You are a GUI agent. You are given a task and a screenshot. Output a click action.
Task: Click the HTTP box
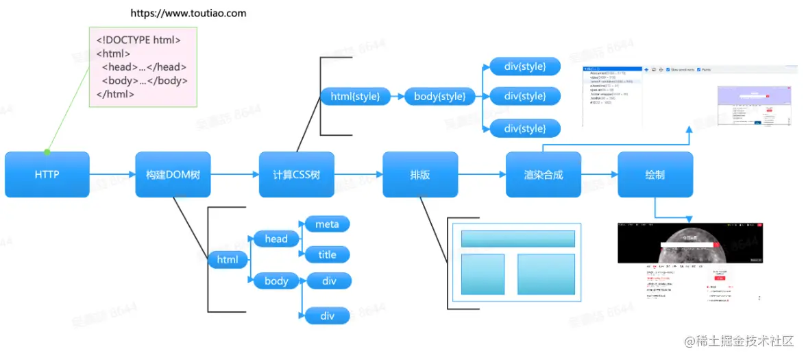[47, 174]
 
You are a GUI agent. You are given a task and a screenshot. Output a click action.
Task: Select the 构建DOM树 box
[173, 174]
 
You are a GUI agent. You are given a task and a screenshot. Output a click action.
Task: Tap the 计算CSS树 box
[296, 174]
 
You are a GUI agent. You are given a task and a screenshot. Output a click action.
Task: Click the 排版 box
[419, 174]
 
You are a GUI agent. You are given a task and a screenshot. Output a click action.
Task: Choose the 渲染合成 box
[543, 174]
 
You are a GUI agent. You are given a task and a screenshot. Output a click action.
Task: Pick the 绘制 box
[655, 174]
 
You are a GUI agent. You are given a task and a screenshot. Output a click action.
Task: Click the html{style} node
[355, 97]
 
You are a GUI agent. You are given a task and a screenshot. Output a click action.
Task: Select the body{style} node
[439, 97]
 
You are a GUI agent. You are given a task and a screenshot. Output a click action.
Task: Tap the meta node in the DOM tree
[327, 224]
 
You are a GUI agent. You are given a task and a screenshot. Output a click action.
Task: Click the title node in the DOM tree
[327, 255]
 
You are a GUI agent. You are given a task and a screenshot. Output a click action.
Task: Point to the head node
[276, 239]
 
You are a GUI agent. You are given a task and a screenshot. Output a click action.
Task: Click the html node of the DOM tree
[228, 260]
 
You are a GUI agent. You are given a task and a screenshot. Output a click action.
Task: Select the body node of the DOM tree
[276, 281]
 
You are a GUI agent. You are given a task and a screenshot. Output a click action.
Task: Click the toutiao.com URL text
[188, 13]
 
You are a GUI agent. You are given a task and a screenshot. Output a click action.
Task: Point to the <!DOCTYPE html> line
[138, 40]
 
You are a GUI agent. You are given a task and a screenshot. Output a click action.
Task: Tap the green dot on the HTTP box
[47, 152]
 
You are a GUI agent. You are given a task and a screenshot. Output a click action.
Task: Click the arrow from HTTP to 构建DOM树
[112, 175]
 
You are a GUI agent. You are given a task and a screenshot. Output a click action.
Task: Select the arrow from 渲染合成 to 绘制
[599, 175]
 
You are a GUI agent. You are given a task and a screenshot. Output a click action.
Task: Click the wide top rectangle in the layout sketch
[517, 239]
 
